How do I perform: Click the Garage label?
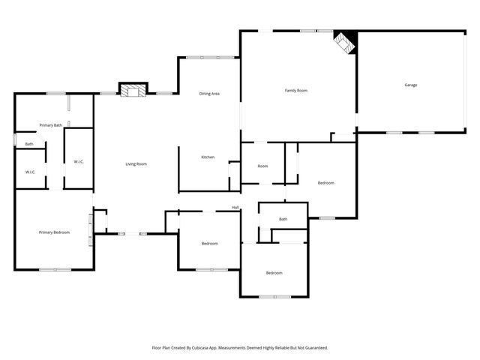(x=410, y=85)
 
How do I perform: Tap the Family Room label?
(x=296, y=91)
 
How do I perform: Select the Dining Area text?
(x=209, y=94)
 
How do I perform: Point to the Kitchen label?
(x=208, y=157)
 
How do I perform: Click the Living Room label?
(x=136, y=163)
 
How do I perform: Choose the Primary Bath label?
(x=51, y=125)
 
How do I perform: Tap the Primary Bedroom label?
(x=54, y=232)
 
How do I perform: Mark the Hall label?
(x=235, y=208)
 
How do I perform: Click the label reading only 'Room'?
(x=262, y=166)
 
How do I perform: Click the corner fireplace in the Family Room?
(x=345, y=42)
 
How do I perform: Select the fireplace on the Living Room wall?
(x=133, y=91)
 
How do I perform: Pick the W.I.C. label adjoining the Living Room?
(x=79, y=162)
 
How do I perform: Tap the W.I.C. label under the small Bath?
(x=31, y=172)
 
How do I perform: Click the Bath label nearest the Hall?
(x=283, y=219)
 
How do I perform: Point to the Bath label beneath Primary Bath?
(x=29, y=144)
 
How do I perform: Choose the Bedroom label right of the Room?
(x=325, y=183)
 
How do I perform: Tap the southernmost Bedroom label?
(x=274, y=272)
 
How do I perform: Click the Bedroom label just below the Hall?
(x=209, y=243)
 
